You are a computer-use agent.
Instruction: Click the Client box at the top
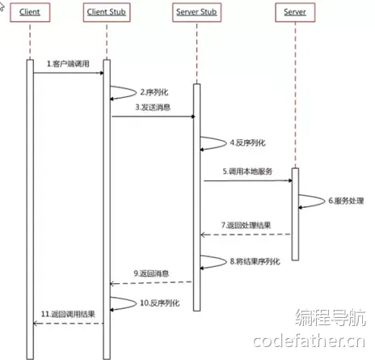point(30,12)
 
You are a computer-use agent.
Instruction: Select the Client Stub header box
point(107,12)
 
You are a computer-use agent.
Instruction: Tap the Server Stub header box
point(196,12)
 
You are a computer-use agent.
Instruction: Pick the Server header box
point(295,12)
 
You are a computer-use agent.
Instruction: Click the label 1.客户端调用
point(68,64)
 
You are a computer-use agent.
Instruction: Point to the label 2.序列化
point(154,92)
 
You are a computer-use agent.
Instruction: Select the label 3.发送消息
point(153,108)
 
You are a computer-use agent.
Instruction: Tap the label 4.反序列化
point(247,142)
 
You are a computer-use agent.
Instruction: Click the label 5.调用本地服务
point(247,172)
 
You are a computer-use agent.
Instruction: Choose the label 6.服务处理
point(346,201)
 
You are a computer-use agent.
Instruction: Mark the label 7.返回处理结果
point(246,225)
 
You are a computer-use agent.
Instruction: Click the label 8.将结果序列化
point(255,261)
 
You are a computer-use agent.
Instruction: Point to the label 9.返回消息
point(151,273)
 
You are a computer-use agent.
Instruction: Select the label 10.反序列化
point(159,303)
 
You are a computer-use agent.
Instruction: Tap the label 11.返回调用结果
point(68,314)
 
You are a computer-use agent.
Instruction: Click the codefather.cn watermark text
point(309,341)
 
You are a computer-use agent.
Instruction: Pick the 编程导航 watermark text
point(331,317)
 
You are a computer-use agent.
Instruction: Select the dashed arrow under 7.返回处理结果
point(246,235)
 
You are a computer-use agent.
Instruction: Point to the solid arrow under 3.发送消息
point(154,116)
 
